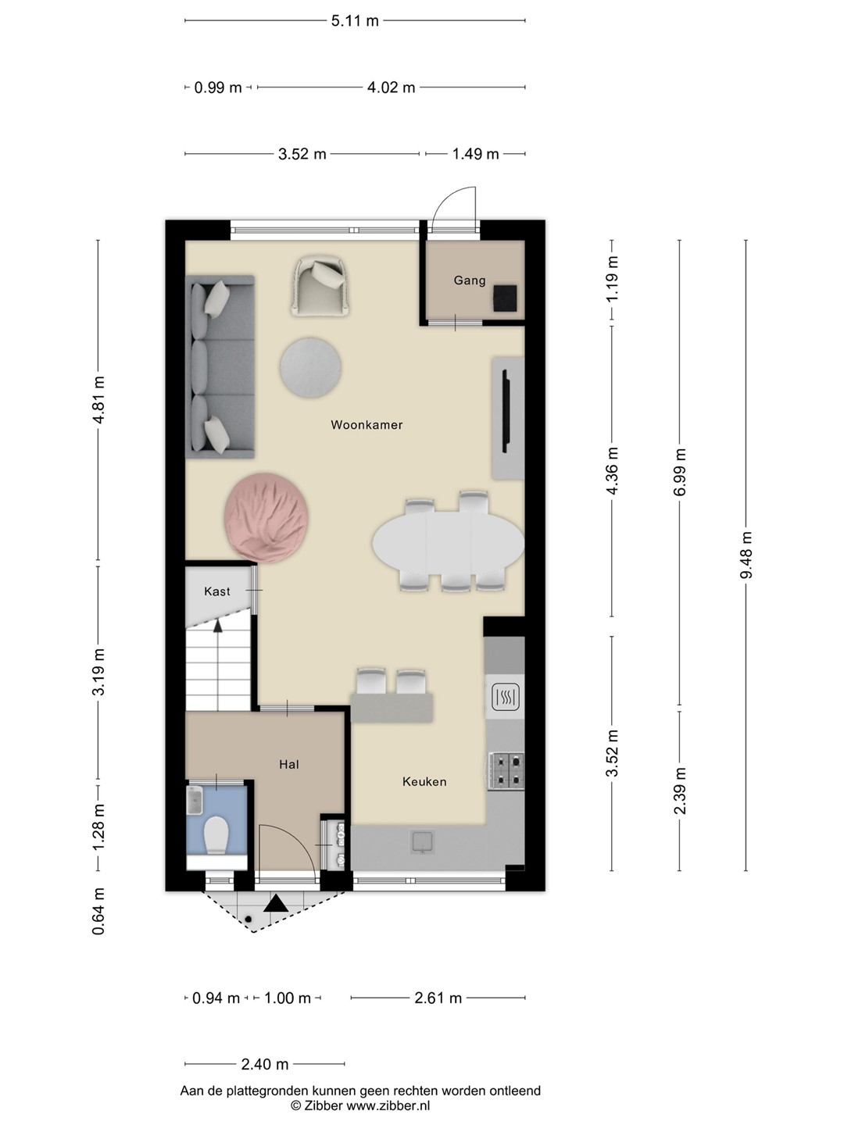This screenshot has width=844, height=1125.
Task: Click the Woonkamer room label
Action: click(x=367, y=425)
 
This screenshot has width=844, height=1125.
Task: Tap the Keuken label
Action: click(x=424, y=781)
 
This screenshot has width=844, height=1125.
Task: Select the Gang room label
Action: click(x=470, y=280)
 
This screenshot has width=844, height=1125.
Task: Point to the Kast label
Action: click(x=216, y=591)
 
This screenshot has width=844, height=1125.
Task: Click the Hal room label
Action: click(x=289, y=765)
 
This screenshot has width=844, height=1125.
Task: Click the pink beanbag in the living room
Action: click(x=266, y=518)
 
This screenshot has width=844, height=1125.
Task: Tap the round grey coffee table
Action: click(x=310, y=367)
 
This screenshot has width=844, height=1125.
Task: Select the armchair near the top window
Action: click(x=321, y=286)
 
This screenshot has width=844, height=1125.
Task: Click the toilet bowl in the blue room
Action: click(x=216, y=835)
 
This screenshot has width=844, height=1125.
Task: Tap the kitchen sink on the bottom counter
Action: click(x=422, y=842)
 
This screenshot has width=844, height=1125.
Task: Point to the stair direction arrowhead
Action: click(x=218, y=625)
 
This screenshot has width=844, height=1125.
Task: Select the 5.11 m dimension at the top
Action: click(x=355, y=21)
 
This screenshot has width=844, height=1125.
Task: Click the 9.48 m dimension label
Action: click(x=746, y=555)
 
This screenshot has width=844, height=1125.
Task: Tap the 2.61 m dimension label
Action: click(x=438, y=998)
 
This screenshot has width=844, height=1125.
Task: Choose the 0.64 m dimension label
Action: click(x=98, y=911)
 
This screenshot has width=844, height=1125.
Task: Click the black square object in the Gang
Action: click(x=505, y=298)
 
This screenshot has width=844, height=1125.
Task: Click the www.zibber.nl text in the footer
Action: click(x=388, y=1105)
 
